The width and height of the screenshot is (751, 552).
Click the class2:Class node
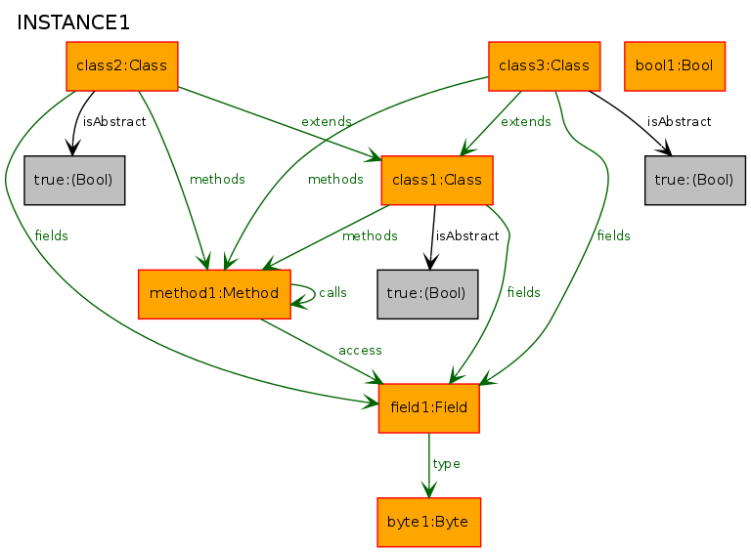click(x=122, y=66)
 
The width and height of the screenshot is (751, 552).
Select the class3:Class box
click(x=544, y=66)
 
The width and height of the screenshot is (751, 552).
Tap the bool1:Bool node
click(x=675, y=66)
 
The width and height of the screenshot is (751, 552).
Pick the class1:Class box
click(x=437, y=181)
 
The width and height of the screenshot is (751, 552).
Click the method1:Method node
click(x=214, y=294)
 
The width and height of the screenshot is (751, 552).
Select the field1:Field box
click(x=428, y=408)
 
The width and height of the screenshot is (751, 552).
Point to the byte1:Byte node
click(x=428, y=523)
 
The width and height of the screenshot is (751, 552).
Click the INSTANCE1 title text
click(x=73, y=22)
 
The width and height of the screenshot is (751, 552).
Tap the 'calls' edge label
click(x=332, y=292)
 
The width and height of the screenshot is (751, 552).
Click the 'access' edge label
click(x=360, y=351)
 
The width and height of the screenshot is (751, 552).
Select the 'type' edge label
click(x=446, y=464)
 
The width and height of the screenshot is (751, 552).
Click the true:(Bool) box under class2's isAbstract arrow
click(x=74, y=181)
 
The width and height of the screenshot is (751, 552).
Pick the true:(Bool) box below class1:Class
click(x=427, y=294)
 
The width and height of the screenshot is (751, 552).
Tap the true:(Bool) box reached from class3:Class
click(x=695, y=181)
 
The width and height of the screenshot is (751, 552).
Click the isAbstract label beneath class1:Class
click(x=467, y=235)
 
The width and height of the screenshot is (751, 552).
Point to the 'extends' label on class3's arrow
click(x=526, y=121)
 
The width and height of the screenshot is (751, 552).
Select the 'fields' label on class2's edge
click(x=51, y=235)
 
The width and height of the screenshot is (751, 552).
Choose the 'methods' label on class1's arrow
click(x=370, y=235)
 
